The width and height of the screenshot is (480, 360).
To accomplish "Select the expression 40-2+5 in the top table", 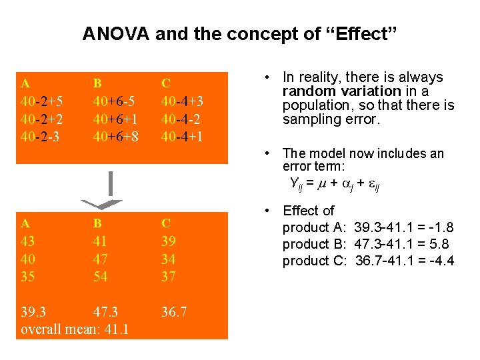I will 43,102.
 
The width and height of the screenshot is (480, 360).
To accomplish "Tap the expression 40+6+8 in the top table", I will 115,137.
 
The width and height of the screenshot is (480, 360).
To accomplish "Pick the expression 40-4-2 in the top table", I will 182,119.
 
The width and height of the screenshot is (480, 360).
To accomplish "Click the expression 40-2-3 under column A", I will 41,137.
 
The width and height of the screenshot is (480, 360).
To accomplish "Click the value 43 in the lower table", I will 29,241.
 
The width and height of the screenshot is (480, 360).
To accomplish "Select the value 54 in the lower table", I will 101,275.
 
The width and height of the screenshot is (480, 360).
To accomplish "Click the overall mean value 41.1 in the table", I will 115,329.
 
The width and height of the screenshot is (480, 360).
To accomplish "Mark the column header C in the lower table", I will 167,223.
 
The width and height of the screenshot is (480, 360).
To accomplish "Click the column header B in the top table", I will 97,83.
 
